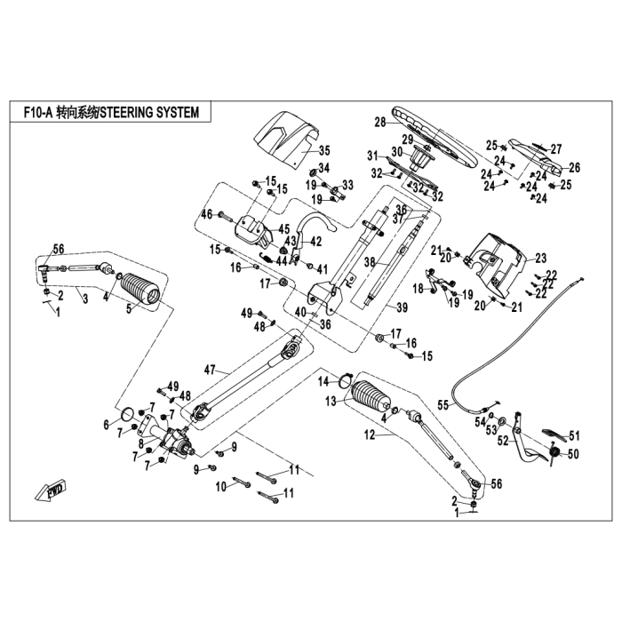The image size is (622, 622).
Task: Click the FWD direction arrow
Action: pyautogui.click(x=51, y=491)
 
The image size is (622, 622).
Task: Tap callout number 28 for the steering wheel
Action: pyautogui.click(x=380, y=123)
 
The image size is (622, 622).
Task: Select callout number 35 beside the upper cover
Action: pyautogui.click(x=324, y=151)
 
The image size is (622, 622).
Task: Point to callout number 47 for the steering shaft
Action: pyautogui.click(x=210, y=371)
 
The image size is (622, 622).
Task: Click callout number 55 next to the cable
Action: pyautogui.click(x=443, y=405)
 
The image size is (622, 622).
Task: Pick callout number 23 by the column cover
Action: pyautogui.click(x=540, y=259)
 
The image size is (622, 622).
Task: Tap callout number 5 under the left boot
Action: pyautogui.click(x=129, y=309)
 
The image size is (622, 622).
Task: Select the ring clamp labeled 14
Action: pyautogui.click(x=346, y=379)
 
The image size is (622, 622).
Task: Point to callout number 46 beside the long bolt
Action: pyautogui.click(x=207, y=215)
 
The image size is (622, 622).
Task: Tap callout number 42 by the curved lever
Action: pyautogui.click(x=315, y=241)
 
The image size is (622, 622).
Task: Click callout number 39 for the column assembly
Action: pyautogui.click(x=402, y=307)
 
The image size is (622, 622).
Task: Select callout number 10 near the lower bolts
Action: pyautogui.click(x=221, y=486)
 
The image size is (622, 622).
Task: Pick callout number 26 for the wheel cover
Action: pyautogui.click(x=574, y=167)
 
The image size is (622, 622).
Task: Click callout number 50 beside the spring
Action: pyautogui.click(x=573, y=453)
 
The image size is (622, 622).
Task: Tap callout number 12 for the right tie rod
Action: pyautogui.click(x=370, y=435)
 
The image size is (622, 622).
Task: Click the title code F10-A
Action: pyautogui.click(x=37, y=112)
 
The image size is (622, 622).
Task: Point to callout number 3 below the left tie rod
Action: pyautogui.click(x=85, y=299)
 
